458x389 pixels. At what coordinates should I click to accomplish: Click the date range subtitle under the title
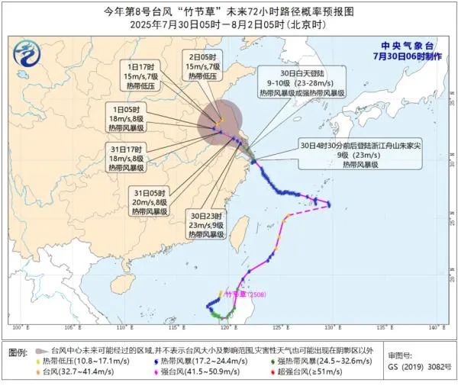tap(229, 24)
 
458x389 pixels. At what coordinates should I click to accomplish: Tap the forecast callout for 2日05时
tap(202, 66)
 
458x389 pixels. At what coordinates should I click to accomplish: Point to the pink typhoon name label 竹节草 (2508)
tap(243, 293)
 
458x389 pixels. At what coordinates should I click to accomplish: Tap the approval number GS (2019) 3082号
tap(418, 368)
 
